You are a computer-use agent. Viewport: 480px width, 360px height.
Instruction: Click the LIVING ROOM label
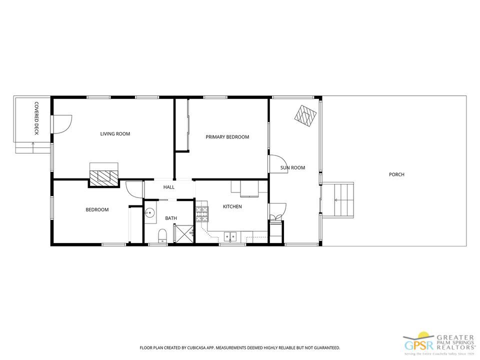(x=115, y=134)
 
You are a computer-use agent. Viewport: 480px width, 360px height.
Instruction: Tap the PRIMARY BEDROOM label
(x=227, y=137)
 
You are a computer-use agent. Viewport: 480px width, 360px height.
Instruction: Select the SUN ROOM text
(x=292, y=167)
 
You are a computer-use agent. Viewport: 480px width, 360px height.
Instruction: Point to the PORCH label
(x=396, y=174)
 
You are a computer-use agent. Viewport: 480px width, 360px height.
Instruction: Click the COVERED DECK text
(x=36, y=118)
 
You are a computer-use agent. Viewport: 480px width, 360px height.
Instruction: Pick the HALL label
(x=168, y=187)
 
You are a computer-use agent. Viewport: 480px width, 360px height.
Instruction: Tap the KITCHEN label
(x=232, y=206)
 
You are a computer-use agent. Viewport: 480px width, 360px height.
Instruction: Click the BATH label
(x=171, y=218)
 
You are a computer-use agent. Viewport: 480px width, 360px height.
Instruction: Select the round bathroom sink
(x=150, y=212)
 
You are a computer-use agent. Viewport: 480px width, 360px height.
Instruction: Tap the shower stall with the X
(x=184, y=233)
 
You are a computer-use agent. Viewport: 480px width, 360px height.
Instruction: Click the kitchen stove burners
(x=202, y=213)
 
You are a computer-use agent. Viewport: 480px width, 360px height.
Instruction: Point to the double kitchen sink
(x=230, y=236)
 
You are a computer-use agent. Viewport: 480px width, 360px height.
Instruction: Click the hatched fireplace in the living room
(x=103, y=177)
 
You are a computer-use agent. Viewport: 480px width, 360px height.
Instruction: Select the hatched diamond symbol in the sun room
(x=305, y=117)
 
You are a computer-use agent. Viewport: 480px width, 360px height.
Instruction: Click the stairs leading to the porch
(x=338, y=200)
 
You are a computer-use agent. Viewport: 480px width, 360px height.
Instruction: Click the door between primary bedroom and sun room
(x=277, y=164)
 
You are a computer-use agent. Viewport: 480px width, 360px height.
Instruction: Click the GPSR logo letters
(x=419, y=345)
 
